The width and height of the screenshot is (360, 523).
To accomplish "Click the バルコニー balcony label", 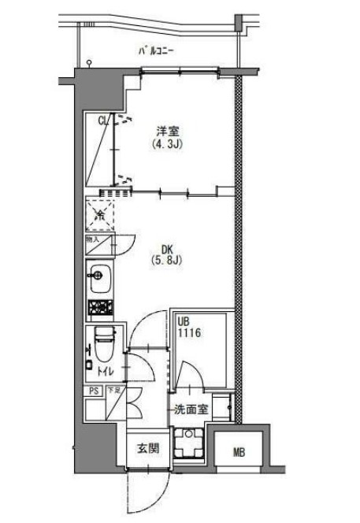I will pos(156,52).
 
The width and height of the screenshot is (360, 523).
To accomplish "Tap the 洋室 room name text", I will pos(163,132).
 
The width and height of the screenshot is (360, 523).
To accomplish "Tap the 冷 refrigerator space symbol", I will pos(100,213).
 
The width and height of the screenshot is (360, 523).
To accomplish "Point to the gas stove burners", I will pos(100,307).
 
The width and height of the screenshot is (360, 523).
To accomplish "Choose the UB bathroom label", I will pos(184,321).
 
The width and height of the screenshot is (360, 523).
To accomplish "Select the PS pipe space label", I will pos(93,389).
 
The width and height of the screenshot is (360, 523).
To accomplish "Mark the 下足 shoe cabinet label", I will pos(113,389).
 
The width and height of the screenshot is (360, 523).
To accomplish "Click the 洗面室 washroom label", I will pos(191,410).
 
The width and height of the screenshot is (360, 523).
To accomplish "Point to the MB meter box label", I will pos(239,452).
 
